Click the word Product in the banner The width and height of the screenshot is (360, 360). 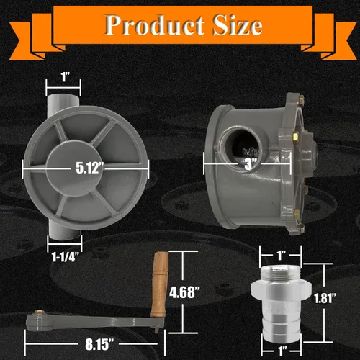pos(155,25)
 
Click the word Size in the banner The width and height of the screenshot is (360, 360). pos(237,25)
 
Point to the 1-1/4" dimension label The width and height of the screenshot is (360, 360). pos(66,257)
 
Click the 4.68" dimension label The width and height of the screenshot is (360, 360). pos(184,292)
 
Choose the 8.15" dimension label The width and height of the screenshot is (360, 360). pos(99,344)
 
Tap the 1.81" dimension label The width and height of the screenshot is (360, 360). pos(325,298)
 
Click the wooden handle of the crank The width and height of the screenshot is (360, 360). pos(160,284)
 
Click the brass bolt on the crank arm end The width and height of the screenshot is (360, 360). pos(38,312)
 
